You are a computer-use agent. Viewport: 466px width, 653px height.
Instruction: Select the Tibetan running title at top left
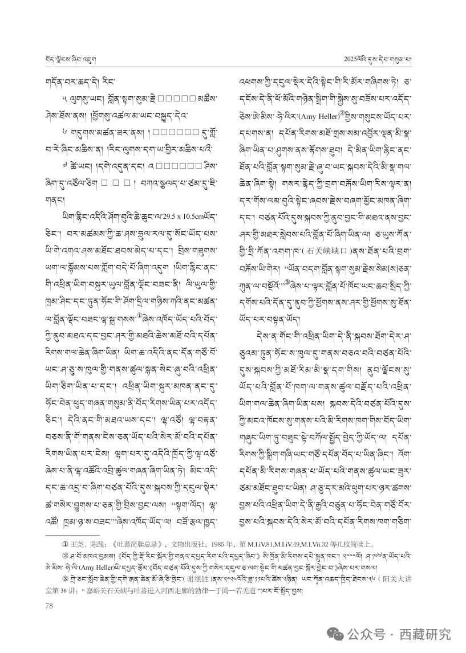pyautogui.click(x=66, y=58)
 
